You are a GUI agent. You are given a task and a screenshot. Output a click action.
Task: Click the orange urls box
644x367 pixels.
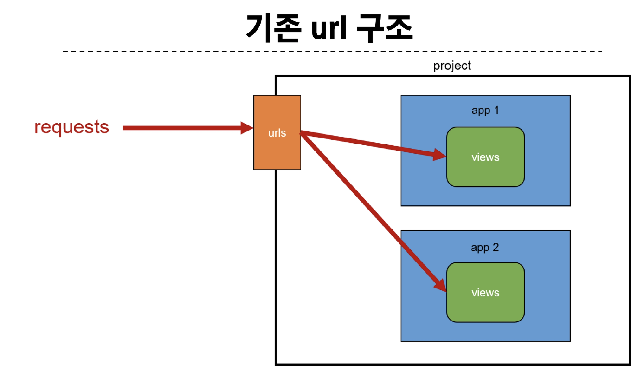(x=277, y=132)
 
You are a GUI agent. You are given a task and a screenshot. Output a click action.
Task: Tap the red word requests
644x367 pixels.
(x=71, y=127)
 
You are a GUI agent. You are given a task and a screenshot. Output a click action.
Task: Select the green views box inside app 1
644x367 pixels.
(x=486, y=157)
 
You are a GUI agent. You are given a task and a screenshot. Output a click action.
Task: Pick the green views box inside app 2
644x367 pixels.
(x=486, y=293)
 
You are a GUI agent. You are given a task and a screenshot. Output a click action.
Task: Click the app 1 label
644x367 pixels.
(x=485, y=111)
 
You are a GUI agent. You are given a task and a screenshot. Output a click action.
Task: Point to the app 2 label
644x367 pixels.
(x=485, y=248)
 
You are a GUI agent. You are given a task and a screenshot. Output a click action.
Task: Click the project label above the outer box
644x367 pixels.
(x=452, y=66)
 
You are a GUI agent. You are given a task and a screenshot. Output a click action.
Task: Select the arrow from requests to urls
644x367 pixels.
(x=188, y=128)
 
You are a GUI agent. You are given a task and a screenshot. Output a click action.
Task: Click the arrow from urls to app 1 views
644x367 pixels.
(x=373, y=145)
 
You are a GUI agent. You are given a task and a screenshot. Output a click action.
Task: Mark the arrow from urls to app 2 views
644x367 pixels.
(x=373, y=212)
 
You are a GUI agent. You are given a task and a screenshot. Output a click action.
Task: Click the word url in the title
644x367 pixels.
(x=329, y=28)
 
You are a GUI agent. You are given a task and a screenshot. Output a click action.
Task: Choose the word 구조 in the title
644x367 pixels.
(x=385, y=28)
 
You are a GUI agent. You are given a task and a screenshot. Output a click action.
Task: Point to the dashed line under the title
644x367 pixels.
(x=333, y=52)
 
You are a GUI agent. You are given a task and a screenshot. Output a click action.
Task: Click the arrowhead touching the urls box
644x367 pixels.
(x=247, y=128)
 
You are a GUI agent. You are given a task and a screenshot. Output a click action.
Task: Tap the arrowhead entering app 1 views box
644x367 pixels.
(x=440, y=155)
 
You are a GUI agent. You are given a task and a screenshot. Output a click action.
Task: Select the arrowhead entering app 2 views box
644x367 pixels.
(x=440, y=285)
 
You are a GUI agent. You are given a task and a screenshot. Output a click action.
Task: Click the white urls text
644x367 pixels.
(x=277, y=133)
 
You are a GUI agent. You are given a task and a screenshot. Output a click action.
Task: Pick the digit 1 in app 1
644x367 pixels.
(x=496, y=110)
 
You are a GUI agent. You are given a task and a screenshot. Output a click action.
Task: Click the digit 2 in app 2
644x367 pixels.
(x=496, y=248)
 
